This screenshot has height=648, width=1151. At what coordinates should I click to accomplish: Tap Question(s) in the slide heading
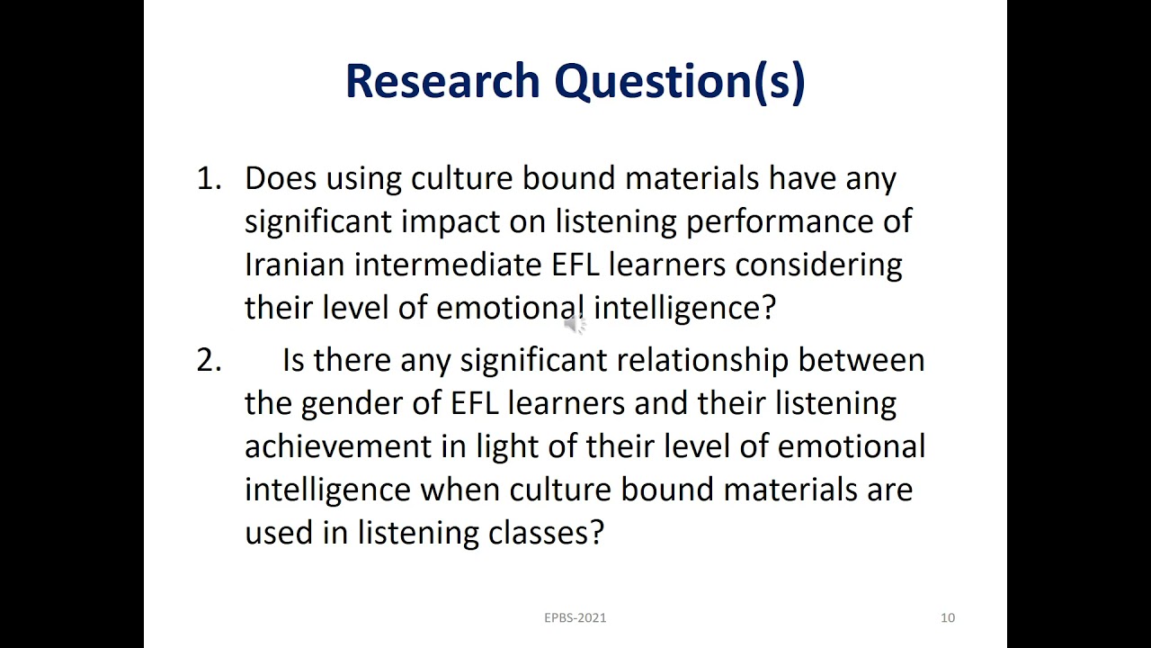679,81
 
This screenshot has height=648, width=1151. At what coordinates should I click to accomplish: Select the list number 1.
208,178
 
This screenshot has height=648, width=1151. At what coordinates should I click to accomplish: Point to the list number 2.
208,360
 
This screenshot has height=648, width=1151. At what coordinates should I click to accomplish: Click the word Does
280,178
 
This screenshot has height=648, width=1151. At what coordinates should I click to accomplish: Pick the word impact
451,222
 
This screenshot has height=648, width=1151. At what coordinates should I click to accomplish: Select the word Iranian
294,265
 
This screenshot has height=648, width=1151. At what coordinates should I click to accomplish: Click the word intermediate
447,265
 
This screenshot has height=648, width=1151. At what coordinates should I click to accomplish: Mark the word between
861,360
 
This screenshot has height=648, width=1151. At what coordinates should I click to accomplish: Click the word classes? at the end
546,533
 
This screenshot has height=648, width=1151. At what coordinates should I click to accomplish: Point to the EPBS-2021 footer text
575,617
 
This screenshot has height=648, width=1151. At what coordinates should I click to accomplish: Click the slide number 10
948,617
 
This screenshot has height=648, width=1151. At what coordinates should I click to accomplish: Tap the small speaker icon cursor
575,324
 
